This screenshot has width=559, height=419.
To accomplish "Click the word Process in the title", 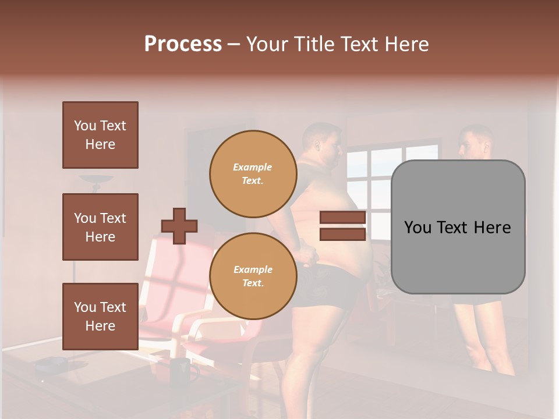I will pyautogui.click(x=183, y=44).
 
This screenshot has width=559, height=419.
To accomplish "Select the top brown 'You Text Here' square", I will pyautogui.click(x=100, y=135).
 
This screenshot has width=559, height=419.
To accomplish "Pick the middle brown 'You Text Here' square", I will pyautogui.click(x=100, y=227).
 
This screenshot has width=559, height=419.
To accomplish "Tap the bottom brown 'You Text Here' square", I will pyautogui.click(x=100, y=316).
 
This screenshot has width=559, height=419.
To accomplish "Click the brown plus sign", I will pyautogui.click(x=179, y=226).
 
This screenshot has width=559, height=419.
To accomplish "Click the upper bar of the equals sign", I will pyautogui.click(x=342, y=218).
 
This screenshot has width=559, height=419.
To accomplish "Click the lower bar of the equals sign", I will pyautogui.click(x=342, y=234).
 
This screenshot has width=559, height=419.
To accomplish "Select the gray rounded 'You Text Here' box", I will pyautogui.click(x=458, y=227).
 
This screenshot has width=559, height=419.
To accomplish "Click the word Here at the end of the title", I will pyautogui.click(x=408, y=44).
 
